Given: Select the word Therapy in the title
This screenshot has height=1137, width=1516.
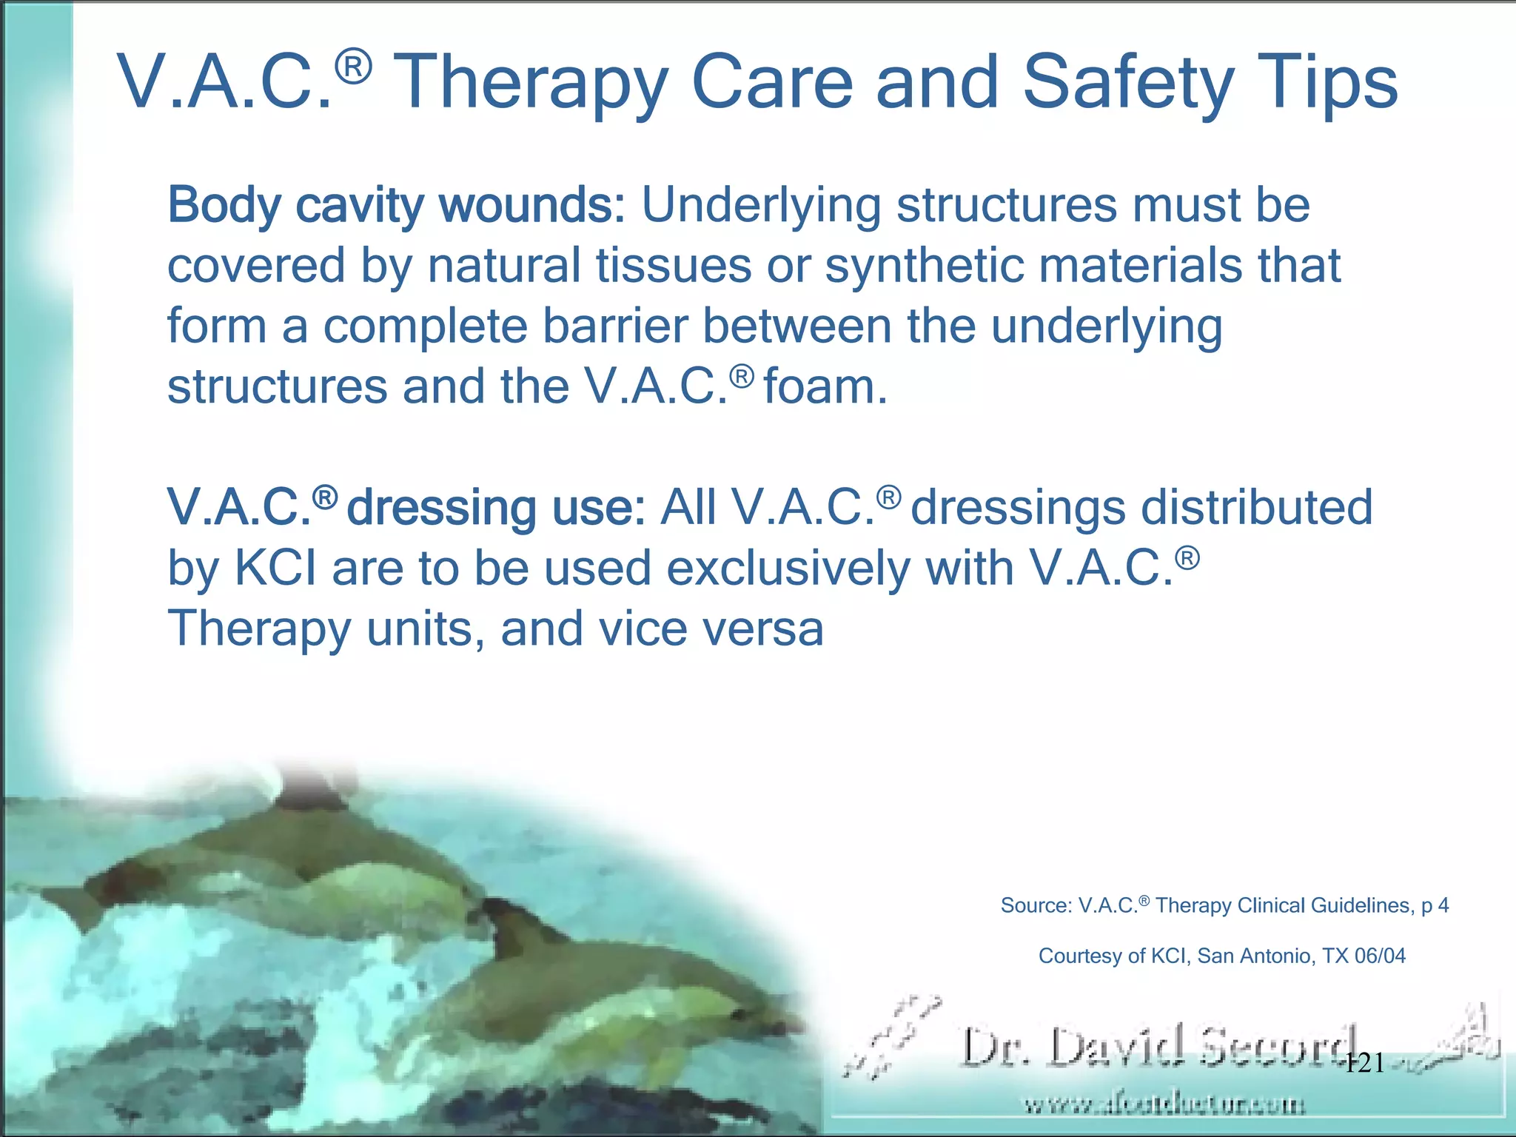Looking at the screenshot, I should point(531,83).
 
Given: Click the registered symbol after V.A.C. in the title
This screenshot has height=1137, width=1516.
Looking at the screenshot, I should point(353,67).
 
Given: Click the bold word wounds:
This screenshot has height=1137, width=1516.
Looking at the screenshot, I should point(533,205).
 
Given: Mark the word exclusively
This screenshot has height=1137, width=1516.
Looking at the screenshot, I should point(788,568).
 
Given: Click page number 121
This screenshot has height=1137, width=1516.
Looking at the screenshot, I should point(1364,1063).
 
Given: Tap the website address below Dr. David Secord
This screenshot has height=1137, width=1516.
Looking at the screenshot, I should point(1164,1105).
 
